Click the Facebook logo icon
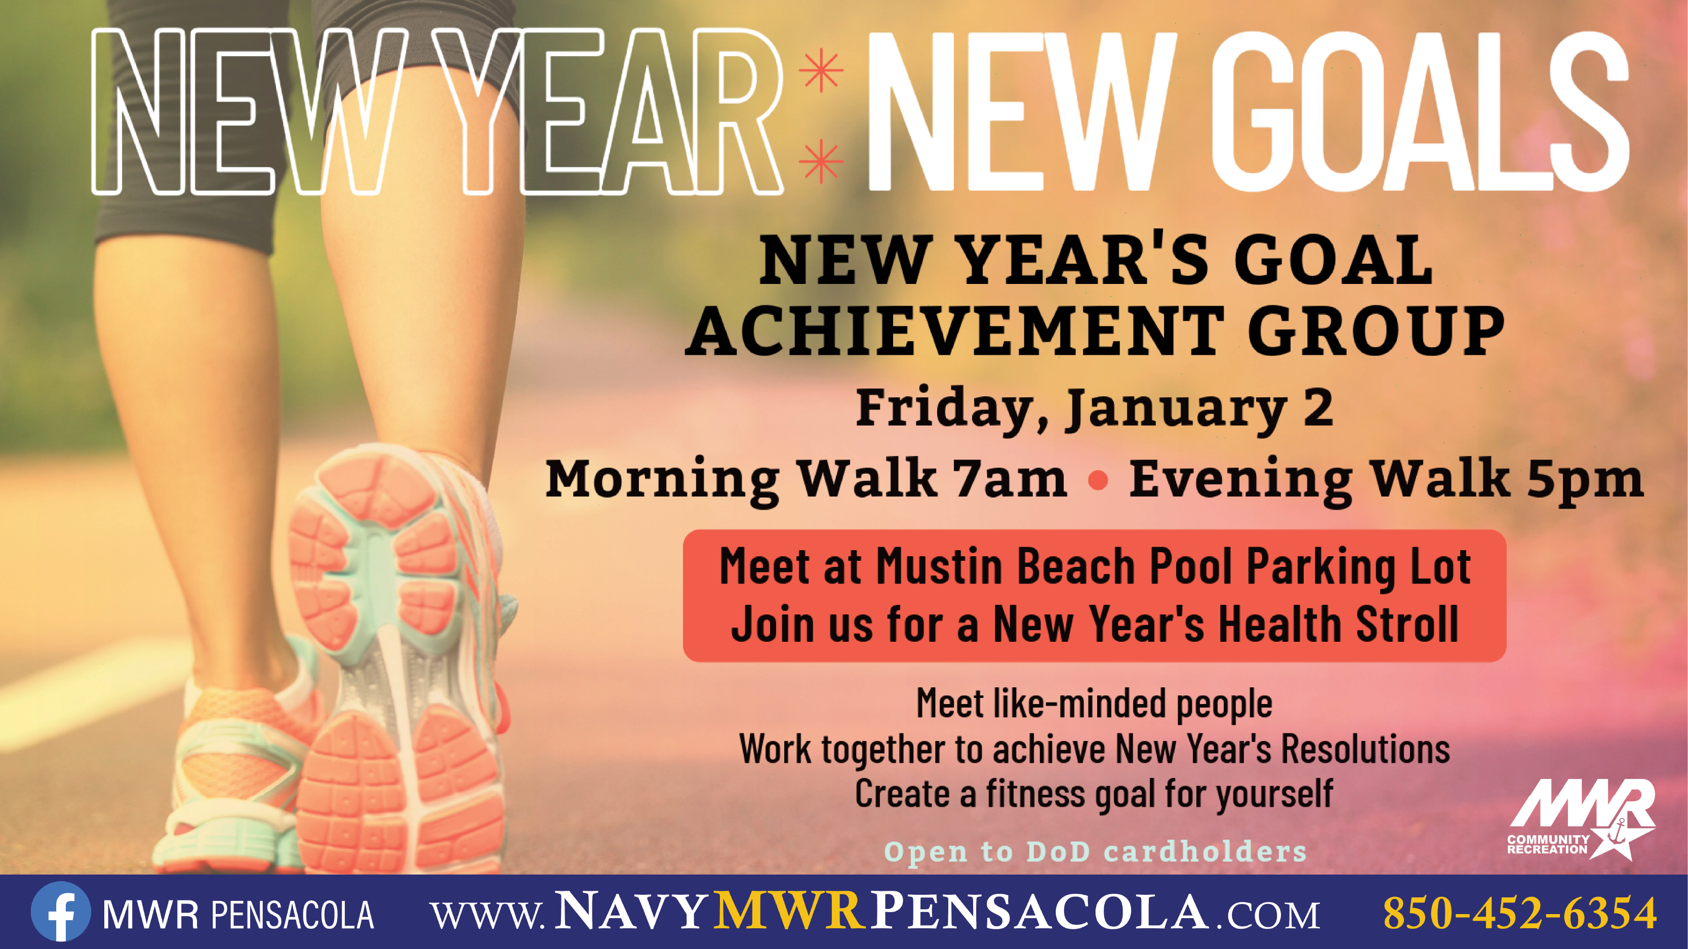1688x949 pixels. [x=60, y=912]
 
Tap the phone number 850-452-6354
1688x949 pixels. [x=1519, y=913]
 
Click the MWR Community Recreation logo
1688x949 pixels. [x=1581, y=818]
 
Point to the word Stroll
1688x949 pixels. [x=1407, y=624]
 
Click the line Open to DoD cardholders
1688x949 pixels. [x=1095, y=851]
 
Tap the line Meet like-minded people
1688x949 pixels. [x=1094, y=705]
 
